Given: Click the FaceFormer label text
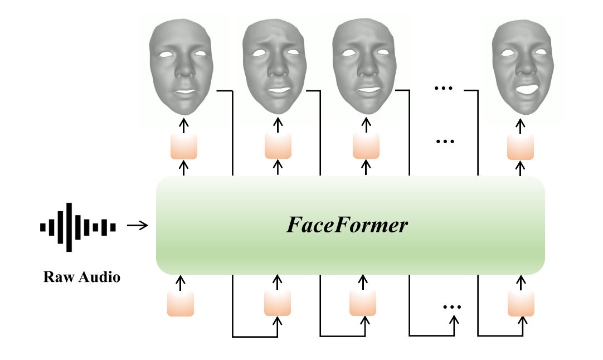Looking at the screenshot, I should click(x=347, y=226).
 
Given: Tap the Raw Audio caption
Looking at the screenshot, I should click(x=81, y=277).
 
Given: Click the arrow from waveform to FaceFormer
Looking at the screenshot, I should click(x=137, y=226).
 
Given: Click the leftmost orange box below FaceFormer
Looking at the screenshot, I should click(x=181, y=303).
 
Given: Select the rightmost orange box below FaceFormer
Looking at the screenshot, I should click(x=521, y=303).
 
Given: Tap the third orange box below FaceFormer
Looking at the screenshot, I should click(x=363, y=303).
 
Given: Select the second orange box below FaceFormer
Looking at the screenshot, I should click(x=278, y=303).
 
